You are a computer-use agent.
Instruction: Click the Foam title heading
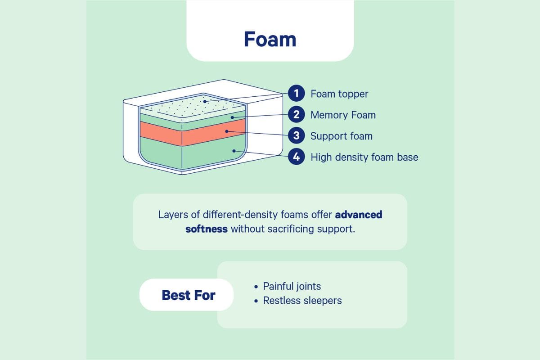[x=270, y=39]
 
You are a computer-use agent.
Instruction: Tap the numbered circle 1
[x=296, y=94]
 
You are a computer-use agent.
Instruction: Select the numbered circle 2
[x=296, y=115]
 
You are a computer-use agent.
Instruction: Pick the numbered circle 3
[x=296, y=135]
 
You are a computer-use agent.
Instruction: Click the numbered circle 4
[x=296, y=157]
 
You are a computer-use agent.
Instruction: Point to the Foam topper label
[x=339, y=94]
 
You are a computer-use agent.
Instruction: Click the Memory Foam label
[x=343, y=115]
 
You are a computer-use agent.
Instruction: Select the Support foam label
[x=342, y=136]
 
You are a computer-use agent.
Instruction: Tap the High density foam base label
[x=364, y=157]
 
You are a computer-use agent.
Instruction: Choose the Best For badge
[x=188, y=295]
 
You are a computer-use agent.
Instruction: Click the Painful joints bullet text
[x=292, y=286]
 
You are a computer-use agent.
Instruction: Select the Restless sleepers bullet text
[x=302, y=301]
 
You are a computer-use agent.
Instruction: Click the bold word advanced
[x=359, y=215]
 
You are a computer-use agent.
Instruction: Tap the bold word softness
[x=207, y=229]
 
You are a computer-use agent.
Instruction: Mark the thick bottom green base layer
[x=193, y=153]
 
